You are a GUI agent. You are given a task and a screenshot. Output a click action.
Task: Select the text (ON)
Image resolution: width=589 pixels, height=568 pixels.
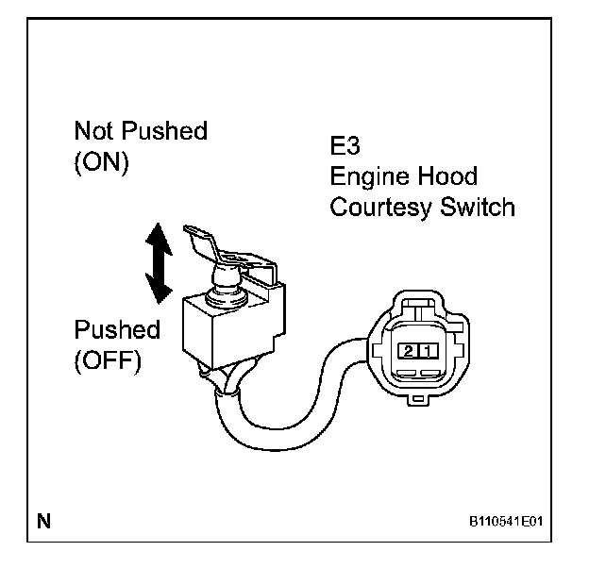(x=100, y=160)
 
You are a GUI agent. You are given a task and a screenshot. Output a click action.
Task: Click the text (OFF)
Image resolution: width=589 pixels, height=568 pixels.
(x=107, y=361)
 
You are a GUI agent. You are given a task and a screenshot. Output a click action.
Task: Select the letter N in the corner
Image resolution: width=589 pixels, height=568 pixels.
(x=43, y=520)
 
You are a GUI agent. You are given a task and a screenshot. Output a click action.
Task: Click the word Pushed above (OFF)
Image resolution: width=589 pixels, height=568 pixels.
(x=117, y=331)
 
